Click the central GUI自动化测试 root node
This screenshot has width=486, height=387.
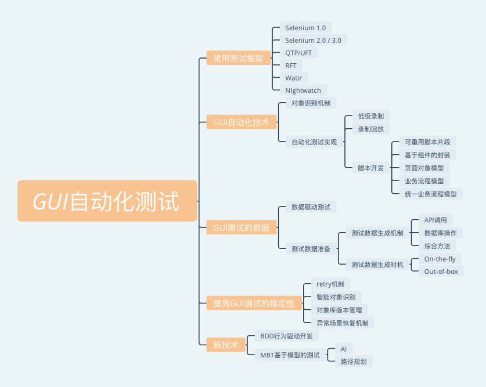point(107,201)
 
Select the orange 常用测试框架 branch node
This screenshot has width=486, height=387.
point(238,58)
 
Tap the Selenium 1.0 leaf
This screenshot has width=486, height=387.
point(305,28)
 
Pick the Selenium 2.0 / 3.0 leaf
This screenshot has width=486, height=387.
point(313,41)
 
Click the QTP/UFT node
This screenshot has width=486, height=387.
point(298,53)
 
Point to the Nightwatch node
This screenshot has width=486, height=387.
point(303,91)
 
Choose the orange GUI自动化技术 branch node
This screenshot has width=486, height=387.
point(241,122)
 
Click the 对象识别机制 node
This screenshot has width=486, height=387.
point(311,103)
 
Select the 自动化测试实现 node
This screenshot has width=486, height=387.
point(315,142)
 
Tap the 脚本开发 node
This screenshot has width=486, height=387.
point(370,168)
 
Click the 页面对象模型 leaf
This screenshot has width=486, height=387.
point(424,168)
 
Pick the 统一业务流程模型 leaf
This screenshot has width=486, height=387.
point(430,194)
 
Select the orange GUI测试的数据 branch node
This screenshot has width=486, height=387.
point(241,228)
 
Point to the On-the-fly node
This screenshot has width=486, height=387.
point(440,259)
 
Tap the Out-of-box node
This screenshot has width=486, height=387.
point(440,272)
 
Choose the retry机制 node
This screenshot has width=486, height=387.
point(330,284)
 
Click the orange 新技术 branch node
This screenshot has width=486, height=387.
point(225,345)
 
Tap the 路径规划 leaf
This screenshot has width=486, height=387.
point(353,361)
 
